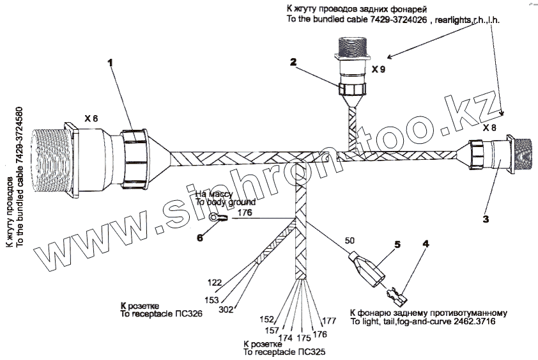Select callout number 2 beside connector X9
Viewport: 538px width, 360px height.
point(293,62)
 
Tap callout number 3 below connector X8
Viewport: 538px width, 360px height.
point(486,219)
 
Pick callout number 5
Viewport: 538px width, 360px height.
point(397,244)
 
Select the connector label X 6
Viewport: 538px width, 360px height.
point(91,118)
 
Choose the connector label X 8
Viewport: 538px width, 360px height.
point(489,128)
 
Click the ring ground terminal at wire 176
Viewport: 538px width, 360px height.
point(218,219)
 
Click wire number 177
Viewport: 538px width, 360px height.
point(329,320)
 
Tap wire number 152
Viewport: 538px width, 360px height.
point(266,318)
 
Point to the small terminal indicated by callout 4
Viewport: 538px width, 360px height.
point(396,295)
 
